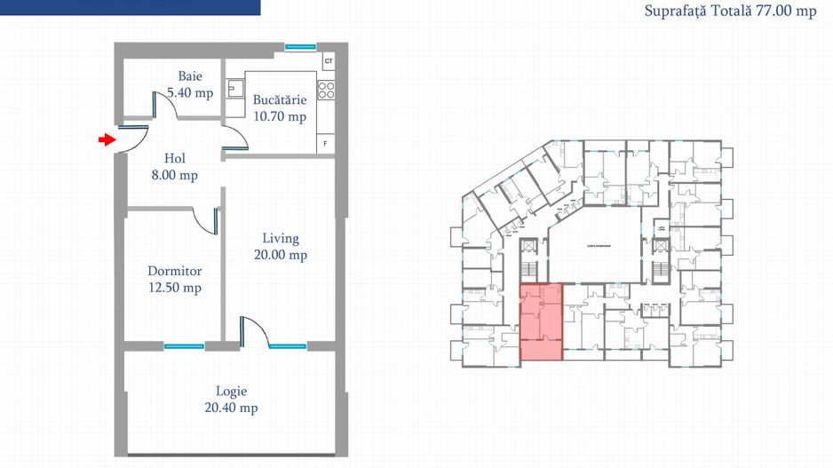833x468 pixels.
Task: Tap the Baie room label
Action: tap(190, 76)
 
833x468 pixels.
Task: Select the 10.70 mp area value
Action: tap(279, 116)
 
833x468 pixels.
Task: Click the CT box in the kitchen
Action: tap(328, 60)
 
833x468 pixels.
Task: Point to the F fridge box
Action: tap(326, 143)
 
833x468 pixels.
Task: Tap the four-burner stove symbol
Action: tap(326, 89)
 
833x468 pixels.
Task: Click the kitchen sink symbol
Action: tap(236, 89)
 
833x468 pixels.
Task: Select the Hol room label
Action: tap(174, 159)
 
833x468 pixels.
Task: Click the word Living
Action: tap(280, 238)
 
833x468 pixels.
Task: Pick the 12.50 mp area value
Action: tap(174, 288)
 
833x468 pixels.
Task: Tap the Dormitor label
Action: tap(174, 271)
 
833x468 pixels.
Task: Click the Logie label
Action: tap(231, 391)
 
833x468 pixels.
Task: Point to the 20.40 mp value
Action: tap(231, 409)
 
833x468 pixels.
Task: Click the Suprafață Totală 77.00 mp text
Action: tap(731, 12)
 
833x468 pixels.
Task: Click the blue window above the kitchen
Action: tap(299, 46)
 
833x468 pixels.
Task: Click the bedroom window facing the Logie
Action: tap(185, 345)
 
